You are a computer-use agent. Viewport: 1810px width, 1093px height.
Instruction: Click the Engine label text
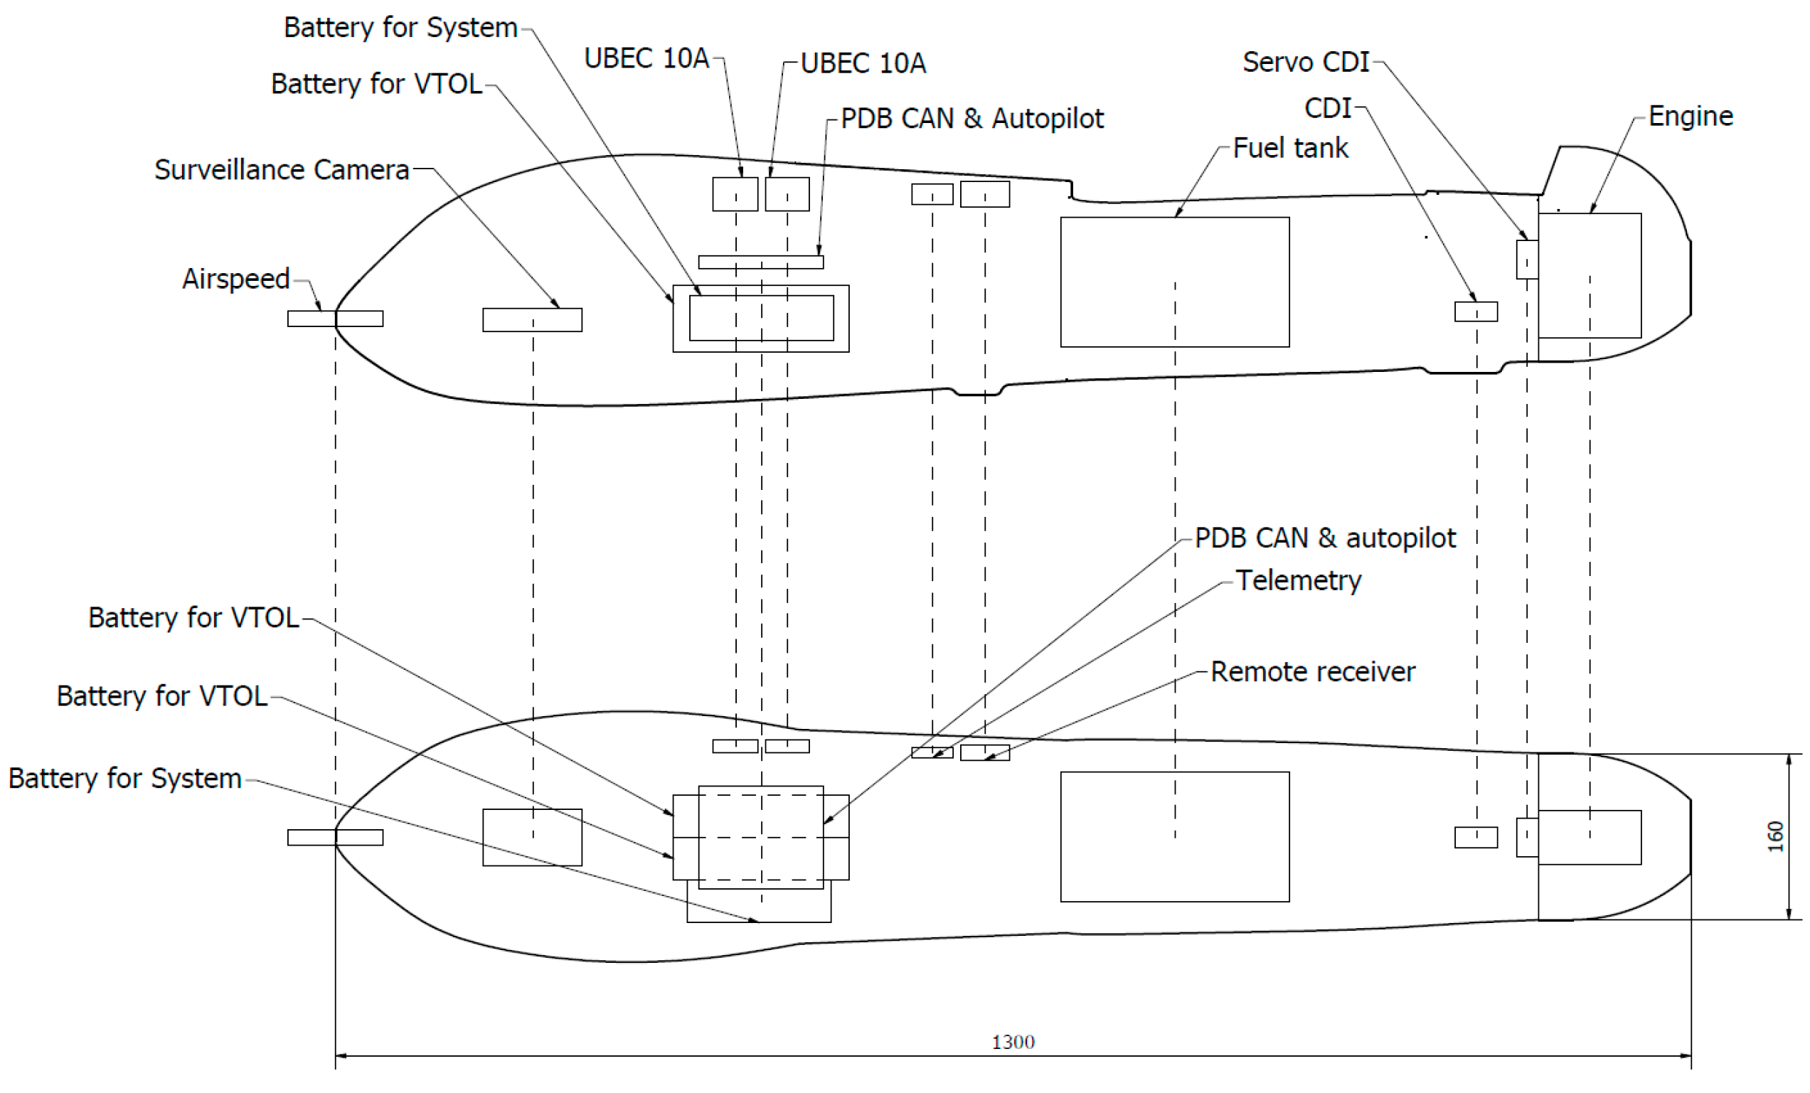(1690, 116)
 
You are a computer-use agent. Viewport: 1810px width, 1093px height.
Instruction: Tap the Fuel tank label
(1290, 148)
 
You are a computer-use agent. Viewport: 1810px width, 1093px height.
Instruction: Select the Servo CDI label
(1305, 62)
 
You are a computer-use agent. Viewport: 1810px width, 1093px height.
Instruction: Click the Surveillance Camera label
(282, 170)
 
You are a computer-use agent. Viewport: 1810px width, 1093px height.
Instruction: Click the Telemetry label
(1298, 580)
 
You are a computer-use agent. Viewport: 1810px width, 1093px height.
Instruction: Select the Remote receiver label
(1312, 671)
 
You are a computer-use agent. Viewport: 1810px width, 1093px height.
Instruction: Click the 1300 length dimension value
(1012, 1042)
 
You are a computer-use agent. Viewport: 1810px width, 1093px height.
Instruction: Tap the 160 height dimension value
(1774, 837)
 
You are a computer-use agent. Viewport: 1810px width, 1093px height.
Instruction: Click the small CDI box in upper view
(1475, 311)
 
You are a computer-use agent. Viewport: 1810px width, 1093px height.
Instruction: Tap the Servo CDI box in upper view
(1526, 260)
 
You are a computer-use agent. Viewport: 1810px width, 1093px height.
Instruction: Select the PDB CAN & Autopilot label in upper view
(971, 118)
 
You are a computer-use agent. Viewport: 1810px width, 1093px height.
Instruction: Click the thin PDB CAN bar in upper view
(760, 262)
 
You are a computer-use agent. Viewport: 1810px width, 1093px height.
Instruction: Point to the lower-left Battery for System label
(125, 778)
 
